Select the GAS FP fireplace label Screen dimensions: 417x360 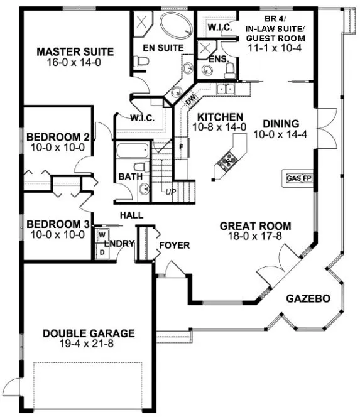[299, 178]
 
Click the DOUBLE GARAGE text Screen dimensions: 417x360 [88, 333]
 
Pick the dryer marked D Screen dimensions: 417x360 [101, 251]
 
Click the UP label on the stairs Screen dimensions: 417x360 [170, 192]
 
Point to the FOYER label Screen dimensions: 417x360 [174, 244]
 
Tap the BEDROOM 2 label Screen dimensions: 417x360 [57, 137]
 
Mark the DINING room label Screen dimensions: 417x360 [281, 124]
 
